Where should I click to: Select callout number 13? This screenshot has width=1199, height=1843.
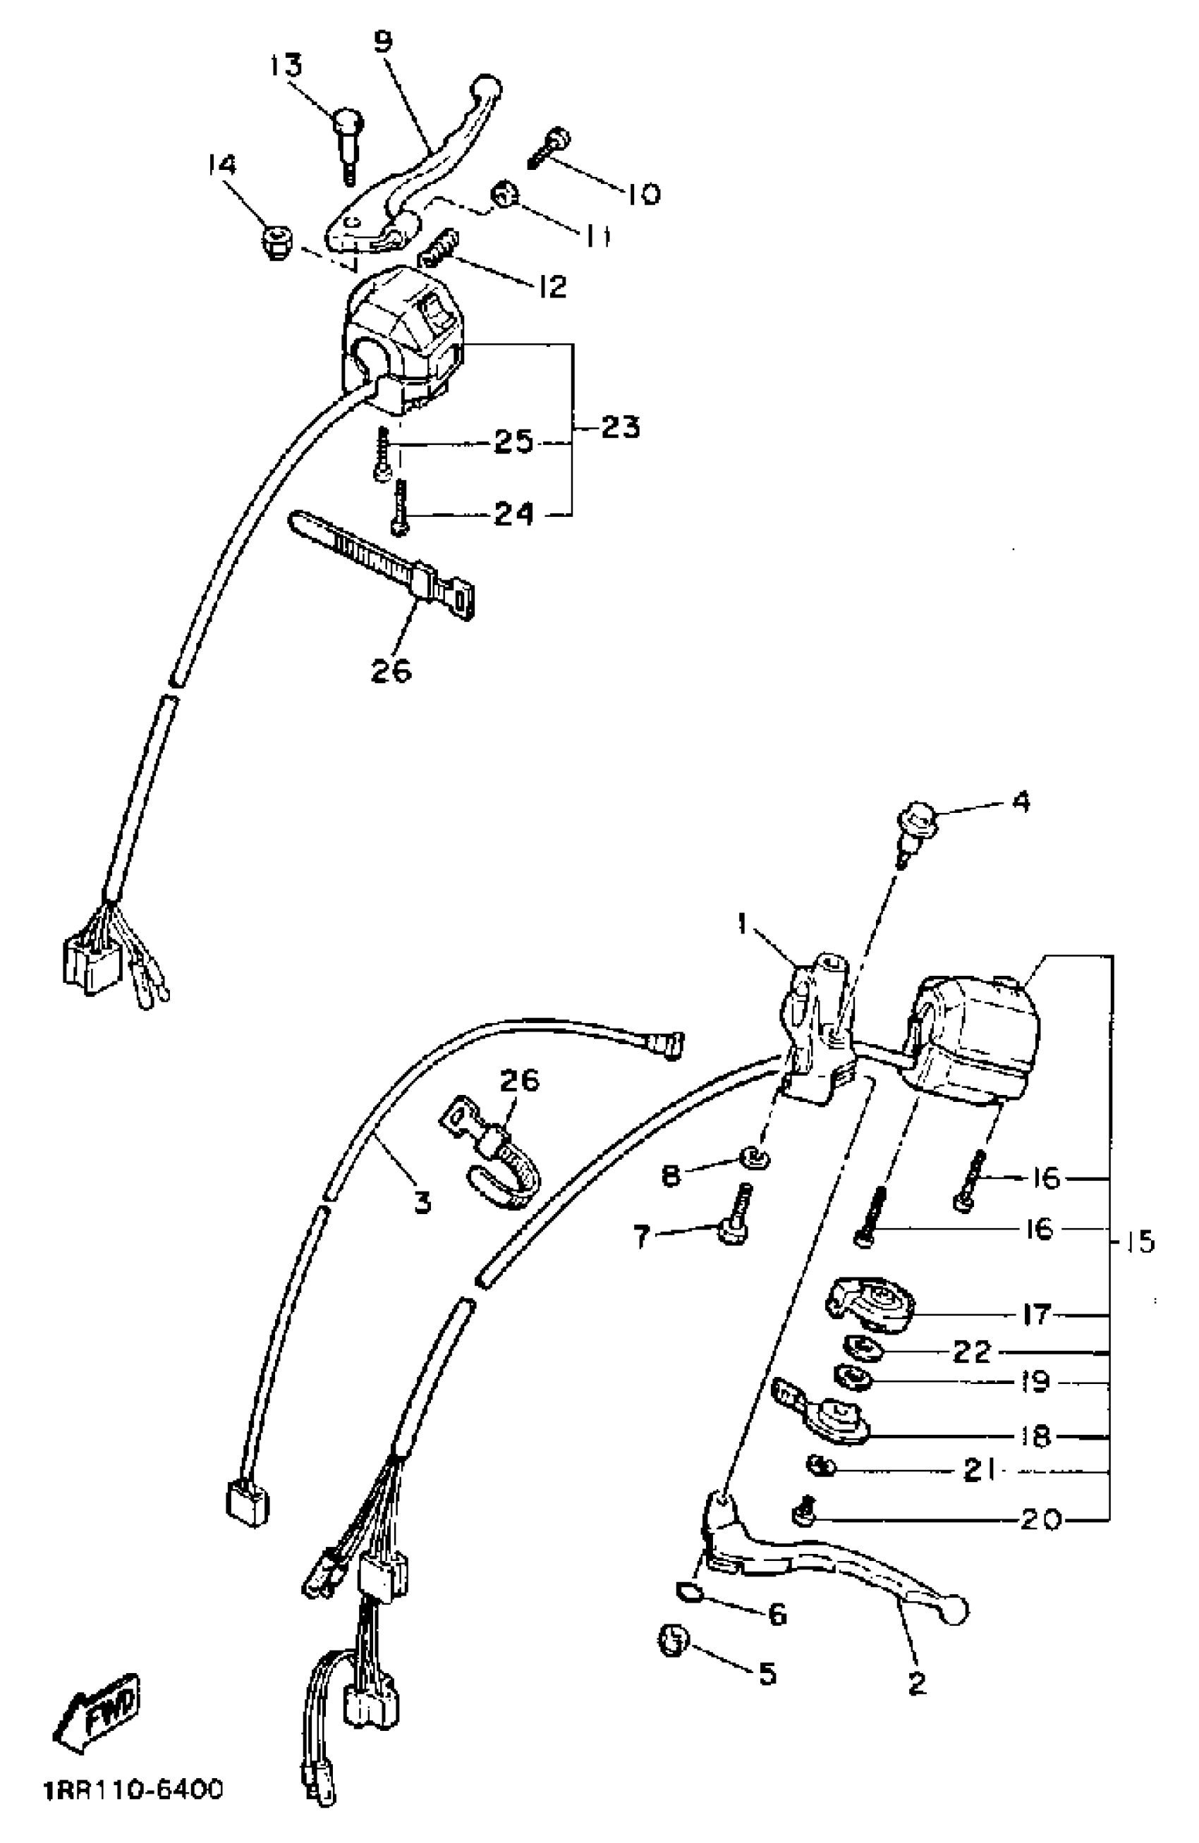[285, 66]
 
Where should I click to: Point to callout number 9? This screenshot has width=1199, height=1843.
[383, 40]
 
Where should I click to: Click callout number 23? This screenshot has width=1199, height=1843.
[621, 427]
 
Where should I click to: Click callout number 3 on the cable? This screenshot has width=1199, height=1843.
[422, 1204]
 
